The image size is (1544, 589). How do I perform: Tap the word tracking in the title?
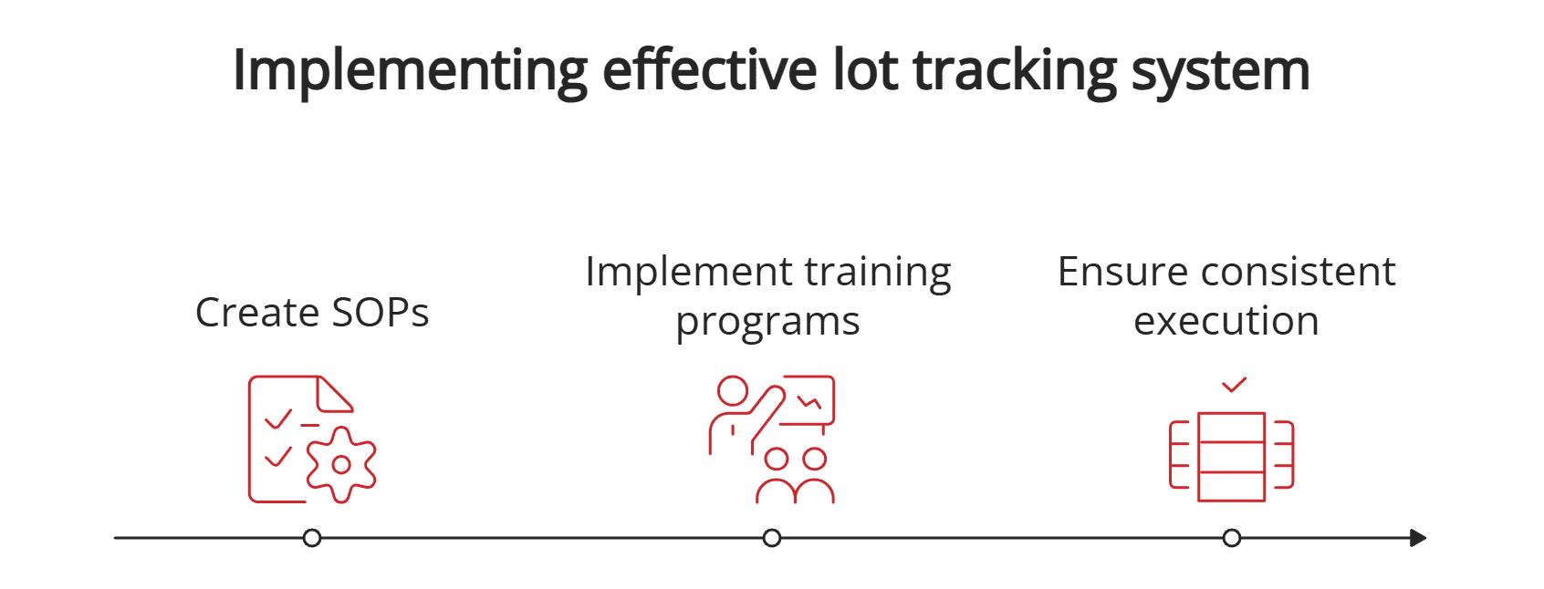[1015, 71]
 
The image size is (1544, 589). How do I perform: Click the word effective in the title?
[710, 70]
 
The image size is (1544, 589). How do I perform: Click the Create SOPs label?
[312, 313]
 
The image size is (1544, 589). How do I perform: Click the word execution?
[1226, 321]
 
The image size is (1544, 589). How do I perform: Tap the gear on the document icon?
[341, 464]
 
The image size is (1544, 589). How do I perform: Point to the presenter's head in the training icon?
[732, 391]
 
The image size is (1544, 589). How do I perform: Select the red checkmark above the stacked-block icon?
[1234, 385]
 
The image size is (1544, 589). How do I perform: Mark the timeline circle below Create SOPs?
[312, 538]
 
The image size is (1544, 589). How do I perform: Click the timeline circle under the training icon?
[772, 538]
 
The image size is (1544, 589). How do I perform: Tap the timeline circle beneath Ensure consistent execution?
[1232, 538]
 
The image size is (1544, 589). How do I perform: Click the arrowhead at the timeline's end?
[1417, 538]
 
